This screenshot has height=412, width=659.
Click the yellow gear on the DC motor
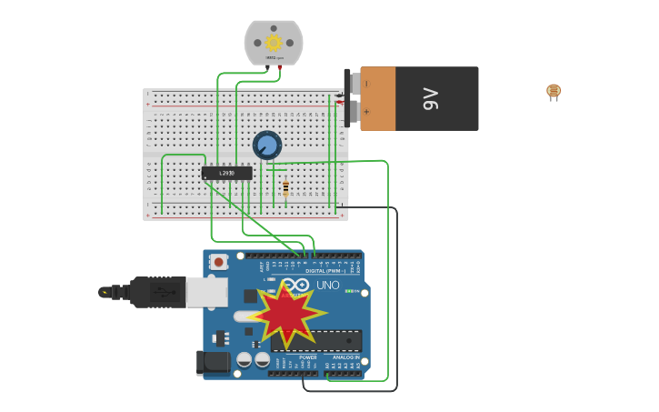click(273, 42)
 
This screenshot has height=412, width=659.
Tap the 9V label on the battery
click(431, 98)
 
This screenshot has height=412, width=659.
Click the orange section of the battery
click(378, 98)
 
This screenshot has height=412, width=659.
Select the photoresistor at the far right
click(554, 91)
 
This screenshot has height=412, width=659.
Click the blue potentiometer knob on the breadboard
click(266, 145)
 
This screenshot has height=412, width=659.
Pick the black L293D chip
click(226, 173)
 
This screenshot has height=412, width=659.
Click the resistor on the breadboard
click(285, 188)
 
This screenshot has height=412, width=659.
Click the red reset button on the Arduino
click(219, 262)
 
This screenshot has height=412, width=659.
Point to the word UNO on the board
click(327, 286)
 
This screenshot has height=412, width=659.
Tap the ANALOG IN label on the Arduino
click(346, 357)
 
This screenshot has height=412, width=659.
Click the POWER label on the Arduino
click(308, 357)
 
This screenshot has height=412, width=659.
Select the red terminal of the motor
click(279, 66)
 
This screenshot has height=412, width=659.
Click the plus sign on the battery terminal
click(366, 113)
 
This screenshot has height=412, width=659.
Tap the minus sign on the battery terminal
click(366, 84)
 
